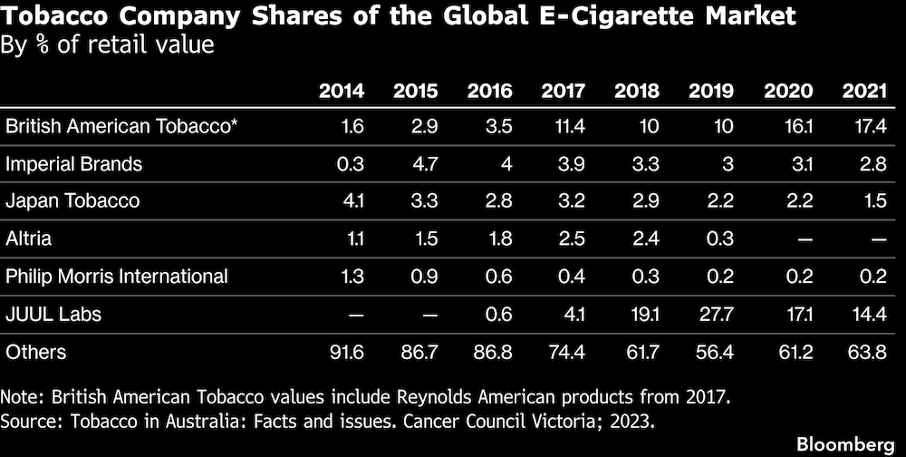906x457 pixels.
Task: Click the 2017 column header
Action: [x=563, y=92]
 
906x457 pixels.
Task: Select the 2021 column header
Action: [x=864, y=92]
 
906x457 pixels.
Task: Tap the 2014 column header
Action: [x=342, y=92]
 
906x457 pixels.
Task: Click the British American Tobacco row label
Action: [x=121, y=127]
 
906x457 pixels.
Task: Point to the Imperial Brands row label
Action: [x=74, y=164]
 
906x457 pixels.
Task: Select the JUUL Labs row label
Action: [x=53, y=314]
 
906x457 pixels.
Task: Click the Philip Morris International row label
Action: [x=117, y=276]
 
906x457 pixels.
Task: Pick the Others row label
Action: [x=36, y=351]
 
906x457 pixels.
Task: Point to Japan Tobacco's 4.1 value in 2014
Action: [x=352, y=201]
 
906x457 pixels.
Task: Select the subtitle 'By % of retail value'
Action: [x=110, y=44]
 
